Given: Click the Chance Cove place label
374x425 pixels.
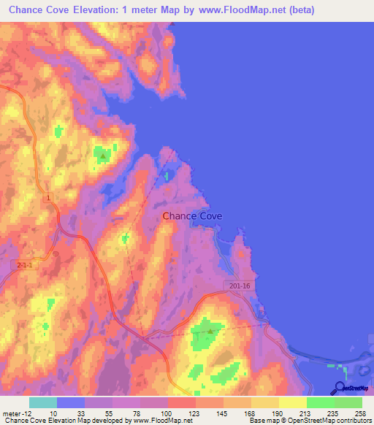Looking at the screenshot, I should coord(192,216).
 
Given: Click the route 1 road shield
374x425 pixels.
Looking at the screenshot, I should coord(48,198).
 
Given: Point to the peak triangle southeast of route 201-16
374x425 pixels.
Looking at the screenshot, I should coord(210,332).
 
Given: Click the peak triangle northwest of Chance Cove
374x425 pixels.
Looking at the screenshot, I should coord(103,156).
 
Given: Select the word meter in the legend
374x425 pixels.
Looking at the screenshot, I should coord(9,413).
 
